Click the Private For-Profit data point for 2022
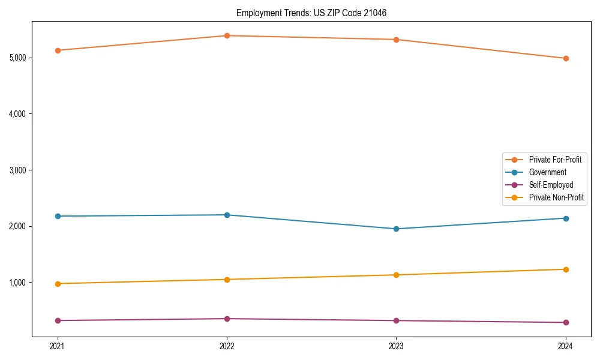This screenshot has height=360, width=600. (227, 35)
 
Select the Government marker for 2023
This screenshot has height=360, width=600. (396, 229)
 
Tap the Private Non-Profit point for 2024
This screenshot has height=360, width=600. (566, 269)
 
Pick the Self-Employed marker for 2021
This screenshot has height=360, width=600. (58, 320)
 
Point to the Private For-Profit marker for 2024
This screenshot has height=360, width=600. (566, 58)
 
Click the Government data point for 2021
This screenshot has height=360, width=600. (58, 216)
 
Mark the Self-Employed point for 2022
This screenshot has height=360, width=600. (227, 319)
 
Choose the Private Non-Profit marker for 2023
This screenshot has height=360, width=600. (396, 275)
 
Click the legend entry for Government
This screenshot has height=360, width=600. (547, 172)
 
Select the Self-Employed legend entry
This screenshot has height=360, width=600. (551, 185)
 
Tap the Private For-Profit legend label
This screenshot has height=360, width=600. (554, 160)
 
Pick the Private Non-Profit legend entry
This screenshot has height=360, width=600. (556, 197)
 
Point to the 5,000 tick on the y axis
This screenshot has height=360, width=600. (17, 58)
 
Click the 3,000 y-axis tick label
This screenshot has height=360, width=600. (17, 170)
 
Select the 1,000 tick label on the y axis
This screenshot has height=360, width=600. (17, 283)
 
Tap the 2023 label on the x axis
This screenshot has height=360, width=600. (396, 346)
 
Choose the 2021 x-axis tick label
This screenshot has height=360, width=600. (58, 346)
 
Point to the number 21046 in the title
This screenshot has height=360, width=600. (382, 13)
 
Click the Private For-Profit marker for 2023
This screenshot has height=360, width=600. (396, 40)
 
